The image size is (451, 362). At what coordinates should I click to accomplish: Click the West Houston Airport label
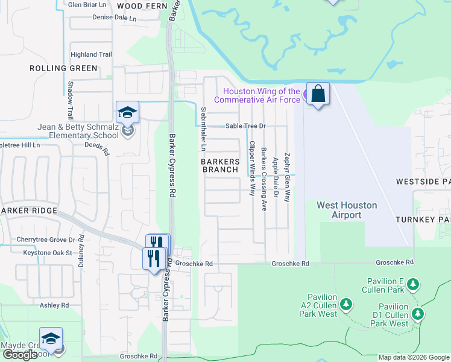coord(347,210)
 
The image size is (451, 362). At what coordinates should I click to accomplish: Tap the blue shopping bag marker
coord(318,94)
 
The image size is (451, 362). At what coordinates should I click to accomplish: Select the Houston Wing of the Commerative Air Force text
coord(257,95)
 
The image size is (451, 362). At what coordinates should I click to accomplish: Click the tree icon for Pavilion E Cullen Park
coord(412,284)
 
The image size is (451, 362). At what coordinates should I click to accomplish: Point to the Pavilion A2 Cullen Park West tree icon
coord(346,303)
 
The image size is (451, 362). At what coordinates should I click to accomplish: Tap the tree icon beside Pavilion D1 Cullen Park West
coord(417,313)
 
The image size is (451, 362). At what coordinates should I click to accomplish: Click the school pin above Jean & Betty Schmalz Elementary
coord(127,113)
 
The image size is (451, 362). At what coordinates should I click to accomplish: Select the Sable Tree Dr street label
coord(246,127)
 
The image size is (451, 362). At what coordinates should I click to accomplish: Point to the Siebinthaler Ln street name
coord(204,129)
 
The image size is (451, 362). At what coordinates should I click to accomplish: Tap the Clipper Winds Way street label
coord(251,168)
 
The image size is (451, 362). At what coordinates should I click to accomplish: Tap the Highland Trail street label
coord(91,54)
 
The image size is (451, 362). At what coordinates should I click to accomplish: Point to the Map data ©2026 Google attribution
coord(414,357)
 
